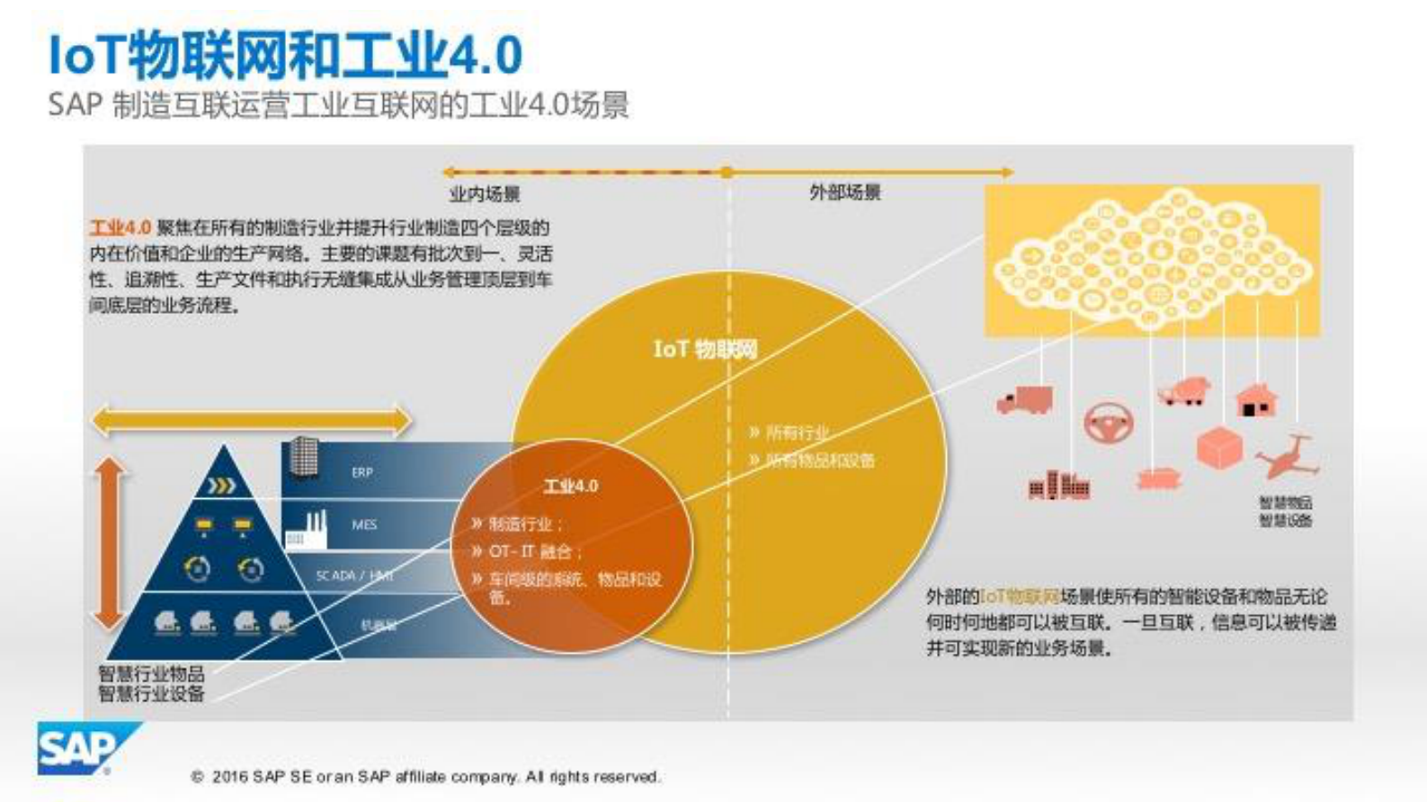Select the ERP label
tap(361, 472)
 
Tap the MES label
tap(364, 524)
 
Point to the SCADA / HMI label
tap(354, 575)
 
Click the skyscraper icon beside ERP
tap(304, 458)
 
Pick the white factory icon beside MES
tap(308, 530)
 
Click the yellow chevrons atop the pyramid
tap(222, 486)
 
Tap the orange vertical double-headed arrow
tap(110, 543)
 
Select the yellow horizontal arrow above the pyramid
tap(251, 420)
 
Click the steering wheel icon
tap(1109, 423)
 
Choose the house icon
tap(1256, 400)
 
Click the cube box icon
tap(1219, 448)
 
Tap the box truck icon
tap(1024, 400)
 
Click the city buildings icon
tap(1058, 486)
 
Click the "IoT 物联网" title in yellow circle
tap(705, 349)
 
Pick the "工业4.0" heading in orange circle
tap(570, 486)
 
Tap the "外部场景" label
tap(844, 192)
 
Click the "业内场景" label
tap(485, 193)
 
